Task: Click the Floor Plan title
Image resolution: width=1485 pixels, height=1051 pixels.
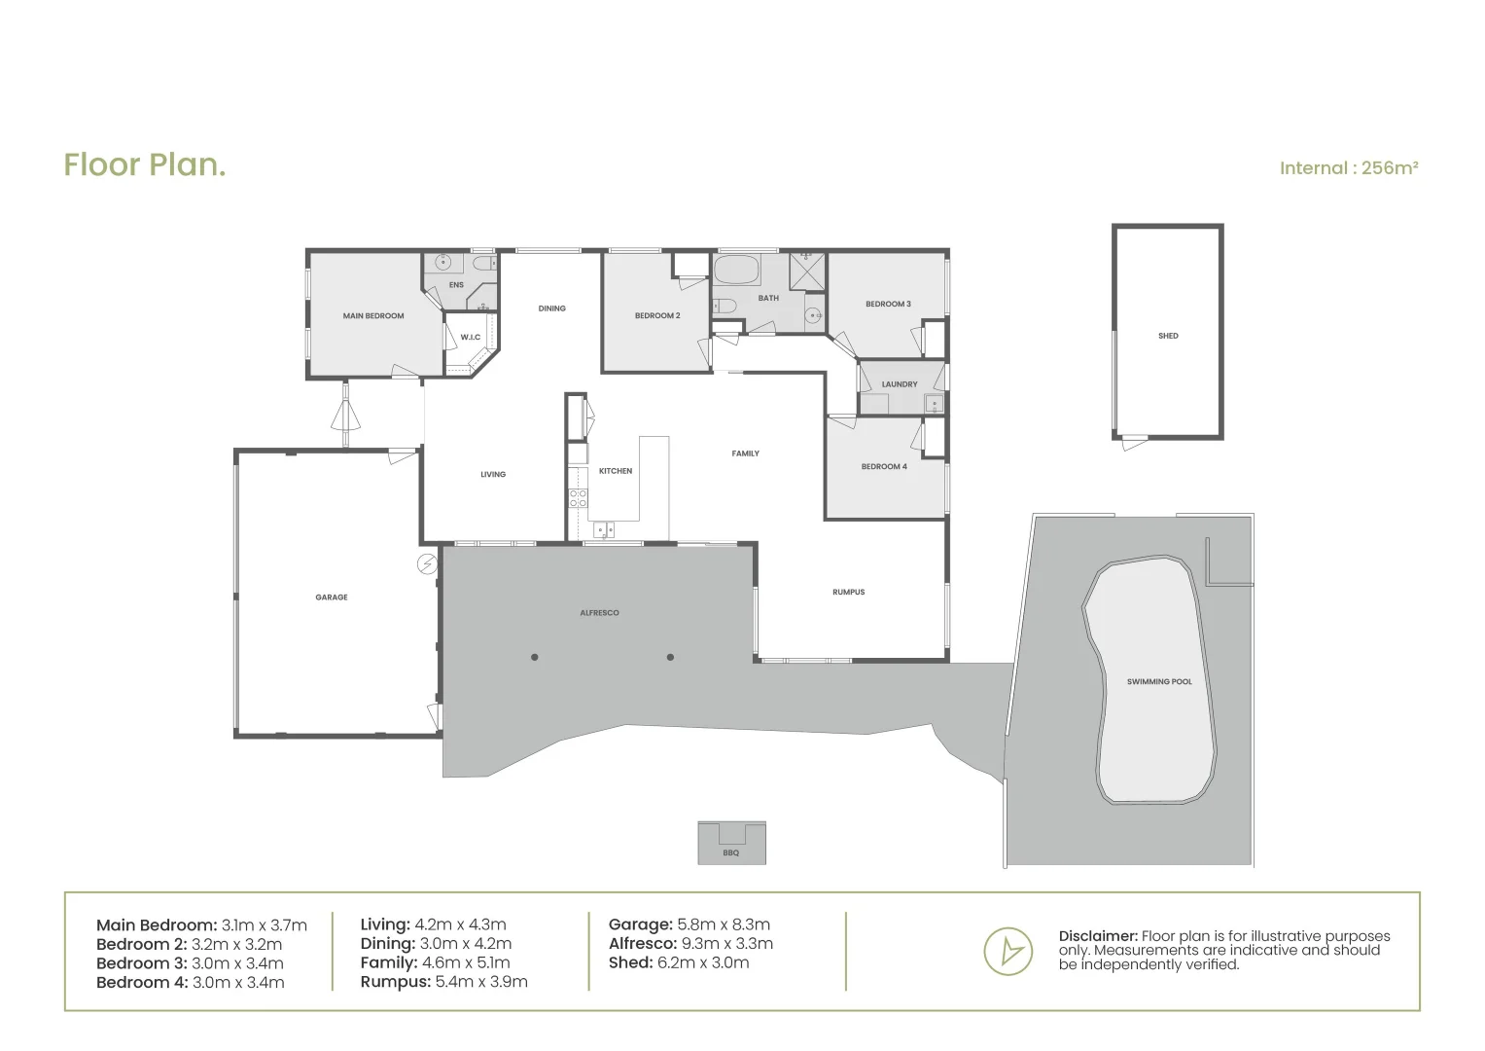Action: (x=145, y=164)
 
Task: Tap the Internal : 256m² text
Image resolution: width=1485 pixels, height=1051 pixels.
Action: (x=1348, y=168)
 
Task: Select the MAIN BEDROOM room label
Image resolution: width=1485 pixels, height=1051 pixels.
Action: (x=372, y=316)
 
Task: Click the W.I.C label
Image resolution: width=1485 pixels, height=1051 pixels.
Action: (x=471, y=338)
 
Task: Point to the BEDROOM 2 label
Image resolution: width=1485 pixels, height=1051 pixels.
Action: (x=657, y=316)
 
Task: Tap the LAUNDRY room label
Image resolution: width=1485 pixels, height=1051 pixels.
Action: (x=900, y=384)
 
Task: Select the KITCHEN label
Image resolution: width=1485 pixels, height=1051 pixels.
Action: (x=615, y=471)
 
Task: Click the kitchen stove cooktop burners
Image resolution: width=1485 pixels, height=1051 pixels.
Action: (x=578, y=498)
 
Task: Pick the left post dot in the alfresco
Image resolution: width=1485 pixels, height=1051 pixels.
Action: (x=535, y=657)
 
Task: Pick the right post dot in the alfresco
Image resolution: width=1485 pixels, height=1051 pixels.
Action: (x=670, y=657)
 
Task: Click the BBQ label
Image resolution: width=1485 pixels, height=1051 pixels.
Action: (x=731, y=853)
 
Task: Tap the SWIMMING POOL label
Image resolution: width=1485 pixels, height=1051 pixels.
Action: (x=1159, y=682)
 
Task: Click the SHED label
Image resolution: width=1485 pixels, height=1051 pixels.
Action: (x=1168, y=336)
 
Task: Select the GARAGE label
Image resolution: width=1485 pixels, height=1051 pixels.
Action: (x=332, y=598)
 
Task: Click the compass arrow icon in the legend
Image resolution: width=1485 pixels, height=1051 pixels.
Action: (x=1008, y=950)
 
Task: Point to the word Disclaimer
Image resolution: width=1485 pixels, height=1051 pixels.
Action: (x=1097, y=936)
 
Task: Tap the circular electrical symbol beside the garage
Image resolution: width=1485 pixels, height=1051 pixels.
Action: (x=426, y=563)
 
